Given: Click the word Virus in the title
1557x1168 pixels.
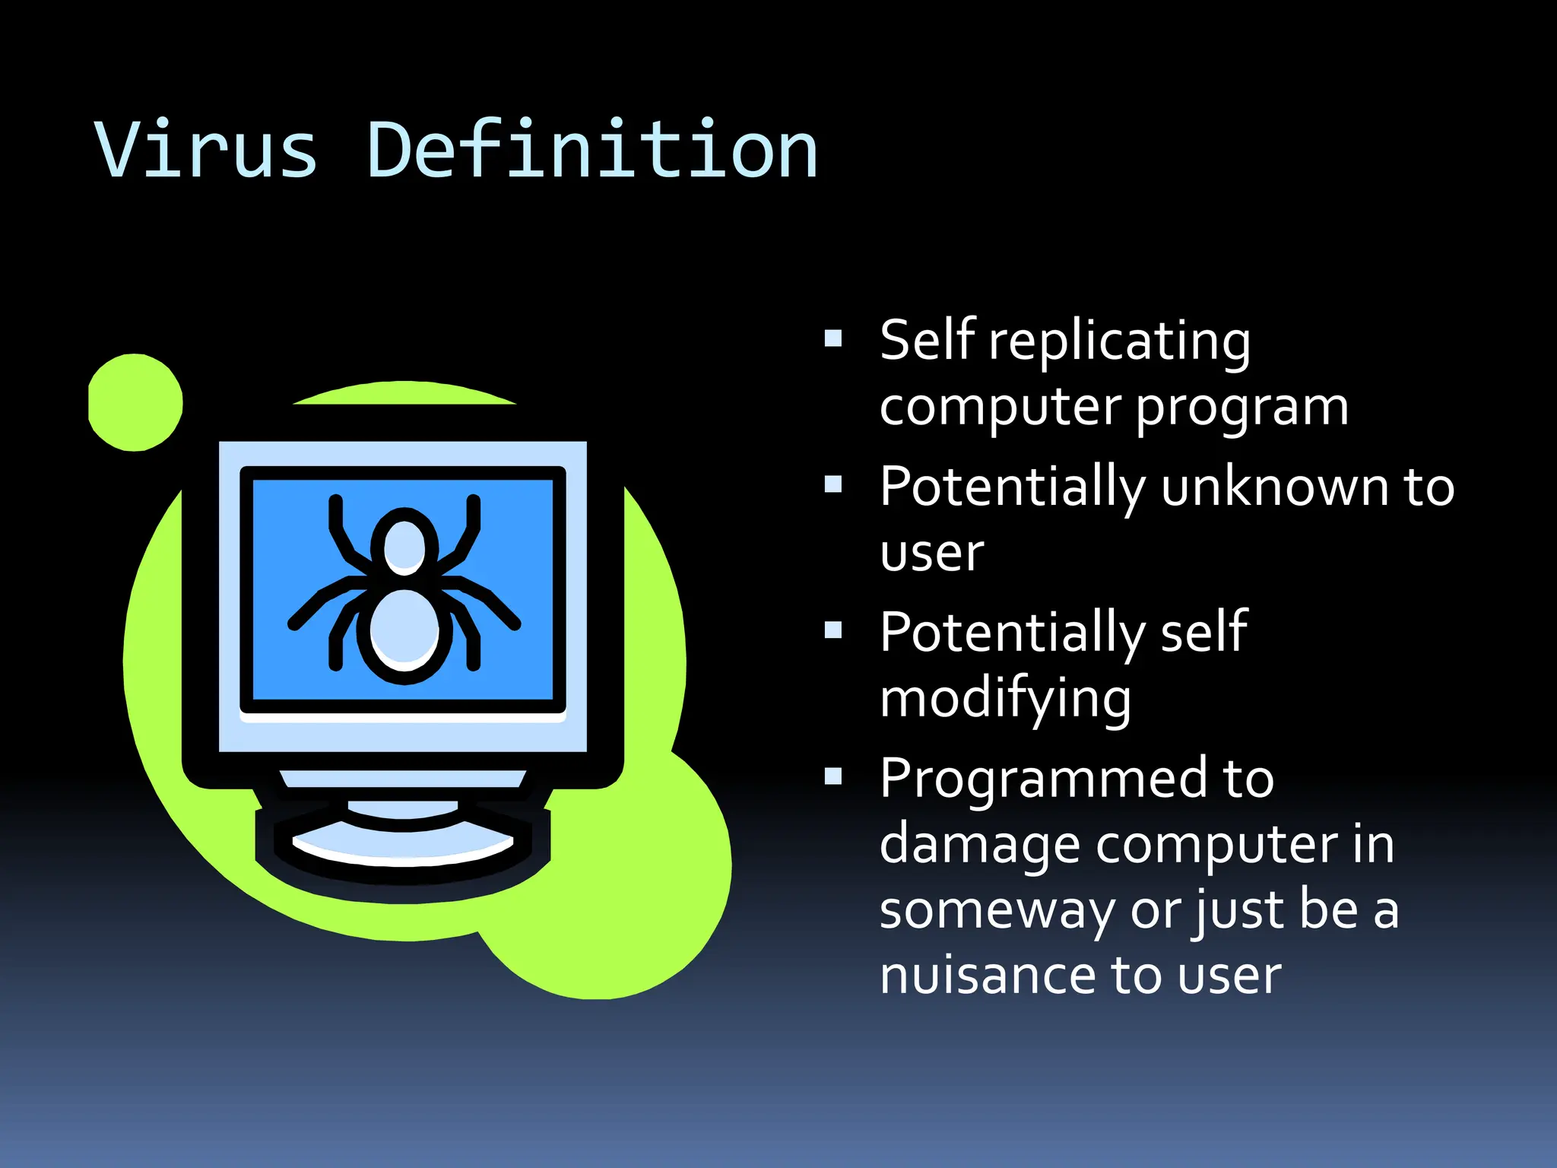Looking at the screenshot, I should pyautogui.click(x=205, y=151).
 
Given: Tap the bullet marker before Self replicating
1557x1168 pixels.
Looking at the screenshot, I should pyautogui.click(x=833, y=338).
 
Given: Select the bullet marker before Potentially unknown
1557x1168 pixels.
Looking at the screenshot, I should pyautogui.click(x=833, y=484).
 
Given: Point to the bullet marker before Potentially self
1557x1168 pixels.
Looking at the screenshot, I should pyautogui.click(x=833, y=630).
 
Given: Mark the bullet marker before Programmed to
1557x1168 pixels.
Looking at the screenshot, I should pyautogui.click(x=833, y=776).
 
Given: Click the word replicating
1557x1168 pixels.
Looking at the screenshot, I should pyautogui.click(x=1119, y=341).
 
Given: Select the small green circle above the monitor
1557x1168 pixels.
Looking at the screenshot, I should pyautogui.click(x=135, y=402).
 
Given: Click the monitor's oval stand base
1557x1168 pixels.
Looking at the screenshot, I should pyautogui.click(x=403, y=848).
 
